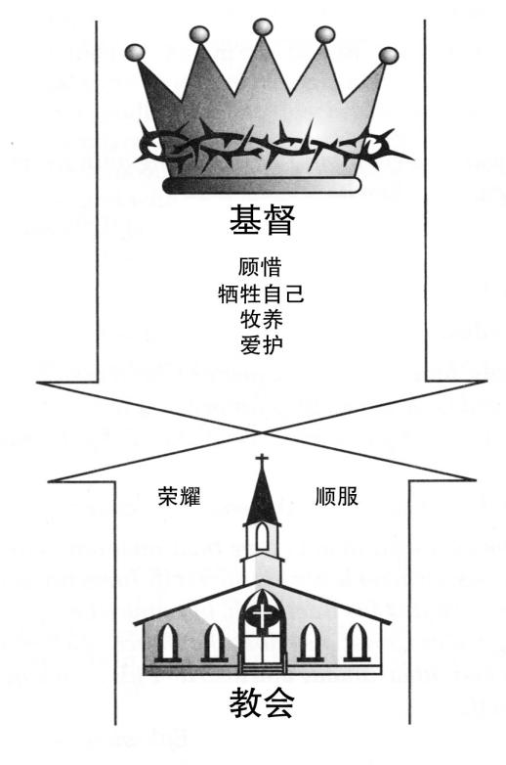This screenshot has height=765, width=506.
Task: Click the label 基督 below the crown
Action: pos(262,220)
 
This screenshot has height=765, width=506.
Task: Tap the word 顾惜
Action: pos(260,267)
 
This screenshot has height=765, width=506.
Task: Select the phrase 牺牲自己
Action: pos(261,293)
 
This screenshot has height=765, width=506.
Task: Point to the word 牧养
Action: pos(261,320)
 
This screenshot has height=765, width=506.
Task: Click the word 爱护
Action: pos(261,345)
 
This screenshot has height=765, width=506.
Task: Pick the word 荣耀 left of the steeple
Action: pos(179,496)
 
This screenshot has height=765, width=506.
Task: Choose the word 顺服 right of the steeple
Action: pos(337,496)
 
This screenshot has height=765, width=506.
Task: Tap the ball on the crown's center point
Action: pos(263,26)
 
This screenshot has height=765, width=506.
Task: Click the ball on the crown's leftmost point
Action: pos(135,52)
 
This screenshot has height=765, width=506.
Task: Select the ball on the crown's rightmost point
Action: pos(389,55)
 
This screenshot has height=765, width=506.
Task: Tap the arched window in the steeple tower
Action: pos(262,536)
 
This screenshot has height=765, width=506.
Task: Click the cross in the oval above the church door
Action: pos(262,615)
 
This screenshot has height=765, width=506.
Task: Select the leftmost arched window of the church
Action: pos(167,642)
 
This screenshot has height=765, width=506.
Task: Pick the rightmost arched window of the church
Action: pos(357,642)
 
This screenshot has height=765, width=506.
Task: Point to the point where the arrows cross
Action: pos(262,432)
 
